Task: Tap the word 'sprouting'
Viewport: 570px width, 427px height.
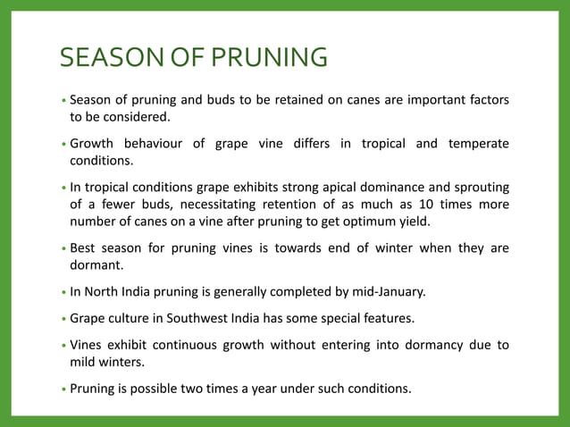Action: click(x=478, y=188)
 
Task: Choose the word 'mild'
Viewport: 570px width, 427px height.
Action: click(x=85, y=362)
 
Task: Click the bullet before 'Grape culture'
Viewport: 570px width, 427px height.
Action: click(x=63, y=319)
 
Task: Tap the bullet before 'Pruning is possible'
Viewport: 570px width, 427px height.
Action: click(x=63, y=389)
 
